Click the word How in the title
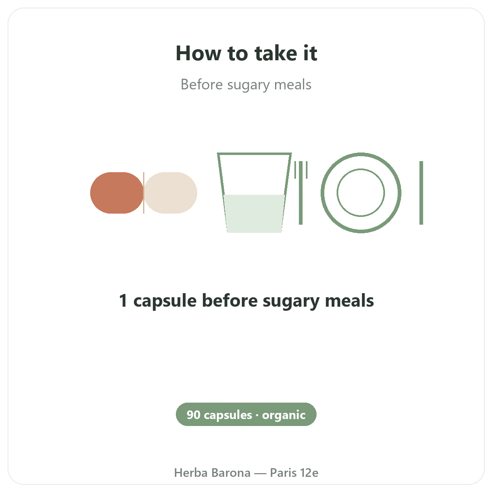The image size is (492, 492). point(198,53)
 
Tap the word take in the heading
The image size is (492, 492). point(276,53)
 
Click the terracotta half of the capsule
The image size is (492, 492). point(117,193)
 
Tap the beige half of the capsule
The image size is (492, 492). point(171,193)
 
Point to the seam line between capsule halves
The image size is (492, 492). point(144,193)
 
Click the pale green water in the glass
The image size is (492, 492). point(254,214)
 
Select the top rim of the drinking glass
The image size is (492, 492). point(254,154)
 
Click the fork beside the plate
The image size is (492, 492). point(301,193)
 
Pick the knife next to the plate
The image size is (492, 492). point(421,193)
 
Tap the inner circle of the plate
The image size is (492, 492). point(361,169)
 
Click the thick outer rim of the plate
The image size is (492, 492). point(361,154)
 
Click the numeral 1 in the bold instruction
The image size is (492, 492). point(123,301)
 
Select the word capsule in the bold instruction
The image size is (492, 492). point(165,301)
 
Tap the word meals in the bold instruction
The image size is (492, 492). point(349,300)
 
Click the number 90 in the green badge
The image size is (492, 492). point(194,415)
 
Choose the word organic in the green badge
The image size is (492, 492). point(284,416)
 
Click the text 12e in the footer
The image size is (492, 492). point(309,473)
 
